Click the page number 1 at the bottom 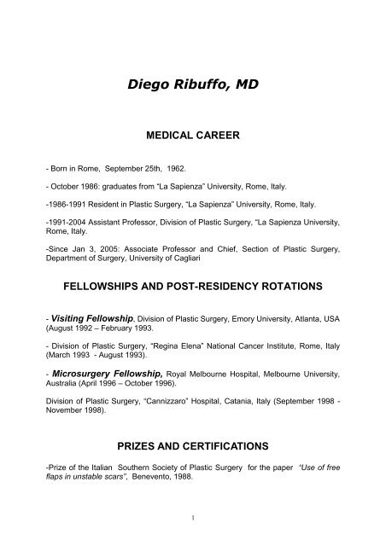192,517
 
